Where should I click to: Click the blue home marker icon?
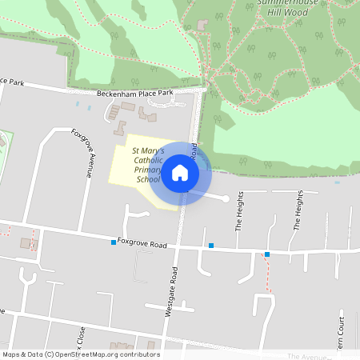point(180,173)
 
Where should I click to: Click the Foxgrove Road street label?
point(142,242)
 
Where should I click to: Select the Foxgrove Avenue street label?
point(86,152)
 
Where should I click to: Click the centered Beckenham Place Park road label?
point(134,94)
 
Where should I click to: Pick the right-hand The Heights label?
point(298,210)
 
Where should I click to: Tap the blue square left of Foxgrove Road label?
point(114,241)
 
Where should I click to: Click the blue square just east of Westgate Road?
point(211,246)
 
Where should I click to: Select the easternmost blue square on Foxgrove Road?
point(267,254)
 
